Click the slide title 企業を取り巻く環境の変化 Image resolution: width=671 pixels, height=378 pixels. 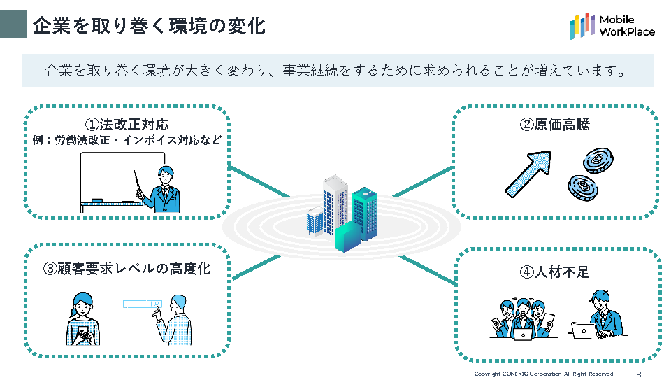[x=149, y=25]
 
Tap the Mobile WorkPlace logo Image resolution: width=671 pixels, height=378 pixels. [x=612, y=26]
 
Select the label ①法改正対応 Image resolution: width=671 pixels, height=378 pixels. [x=127, y=125]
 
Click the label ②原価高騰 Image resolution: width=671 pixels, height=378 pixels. [x=555, y=125]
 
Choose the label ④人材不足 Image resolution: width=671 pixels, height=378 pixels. [x=555, y=272]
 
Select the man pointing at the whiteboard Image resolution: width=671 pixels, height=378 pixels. [x=163, y=189]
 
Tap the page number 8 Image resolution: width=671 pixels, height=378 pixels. [x=638, y=374]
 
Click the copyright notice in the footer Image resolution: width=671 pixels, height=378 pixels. [x=544, y=374]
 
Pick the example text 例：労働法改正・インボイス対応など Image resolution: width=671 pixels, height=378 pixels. [x=127, y=140]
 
